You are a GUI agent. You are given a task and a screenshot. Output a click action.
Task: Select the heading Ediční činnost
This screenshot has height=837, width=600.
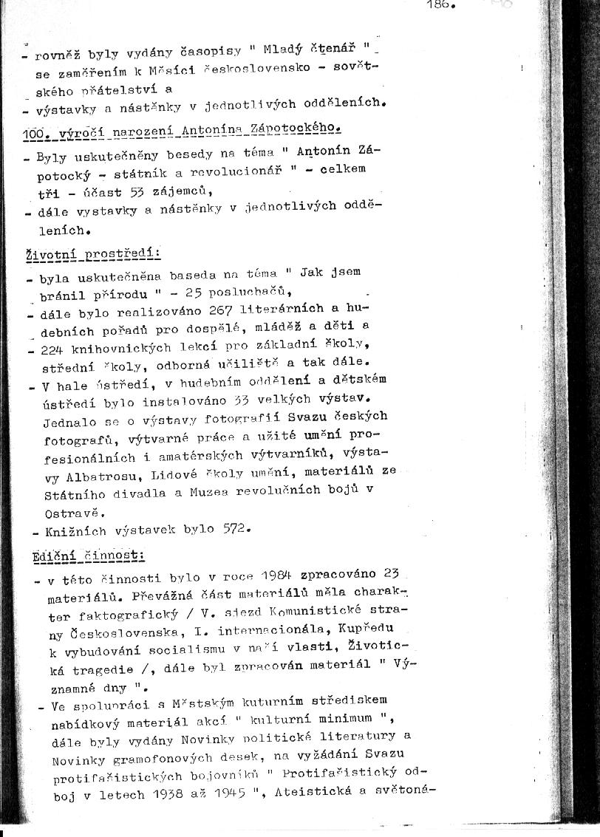click(88, 555)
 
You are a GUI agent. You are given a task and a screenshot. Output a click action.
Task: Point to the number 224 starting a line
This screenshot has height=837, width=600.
click(54, 347)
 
